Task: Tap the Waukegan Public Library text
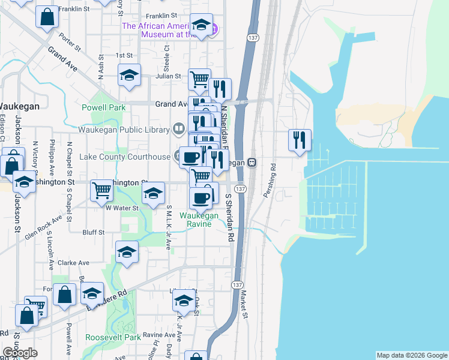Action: click(x=124, y=128)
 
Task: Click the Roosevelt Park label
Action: click(x=113, y=337)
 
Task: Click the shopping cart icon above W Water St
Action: click(x=101, y=191)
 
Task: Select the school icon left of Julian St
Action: click(x=129, y=76)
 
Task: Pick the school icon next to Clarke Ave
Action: click(x=127, y=253)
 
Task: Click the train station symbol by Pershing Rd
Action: click(x=252, y=162)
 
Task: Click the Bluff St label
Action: click(x=94, y=232)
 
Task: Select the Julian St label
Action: click(x=169, y=76)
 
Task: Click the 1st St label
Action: click(x=124, y=55)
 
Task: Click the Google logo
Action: click(x=20, y=353)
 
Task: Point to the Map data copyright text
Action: click(x=412, y=355)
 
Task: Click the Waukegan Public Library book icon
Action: click(x=178, y=128)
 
